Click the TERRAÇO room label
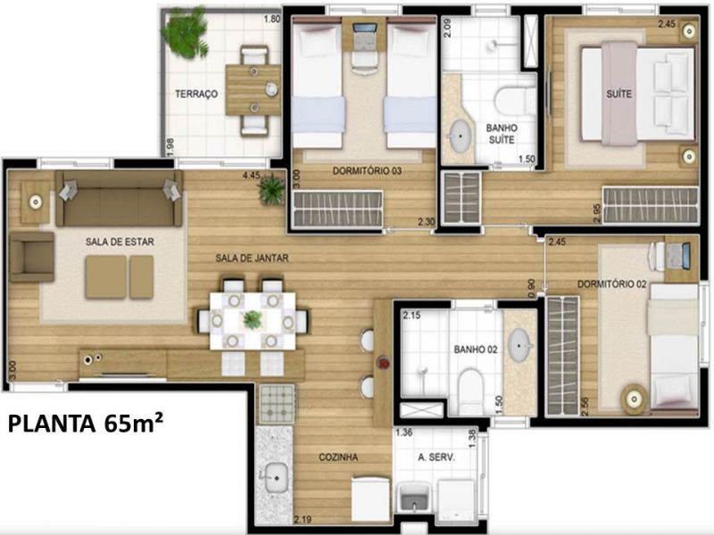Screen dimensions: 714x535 [196, 95]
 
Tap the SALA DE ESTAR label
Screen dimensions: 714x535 [120, 242]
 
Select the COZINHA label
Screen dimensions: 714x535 [338, 457]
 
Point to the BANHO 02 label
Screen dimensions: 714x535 [476, 350]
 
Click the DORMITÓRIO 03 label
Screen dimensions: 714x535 [367, 171]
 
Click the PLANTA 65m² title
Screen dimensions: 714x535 [86, 424]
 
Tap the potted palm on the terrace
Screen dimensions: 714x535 [186, 33]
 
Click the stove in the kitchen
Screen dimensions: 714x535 [277, 404]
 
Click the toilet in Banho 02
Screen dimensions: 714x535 [470, 391]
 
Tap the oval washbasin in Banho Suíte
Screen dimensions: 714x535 [461, 136]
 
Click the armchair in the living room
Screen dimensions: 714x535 [32, 257]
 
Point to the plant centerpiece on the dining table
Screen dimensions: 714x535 [253, 320]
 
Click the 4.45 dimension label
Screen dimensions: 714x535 [252, 175]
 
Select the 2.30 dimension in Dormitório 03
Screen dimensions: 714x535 [427, 222]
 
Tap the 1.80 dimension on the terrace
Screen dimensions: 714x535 [272, 19]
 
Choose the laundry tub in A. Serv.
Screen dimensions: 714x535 [414, 498]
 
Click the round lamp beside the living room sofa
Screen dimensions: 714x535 [36, 202]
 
